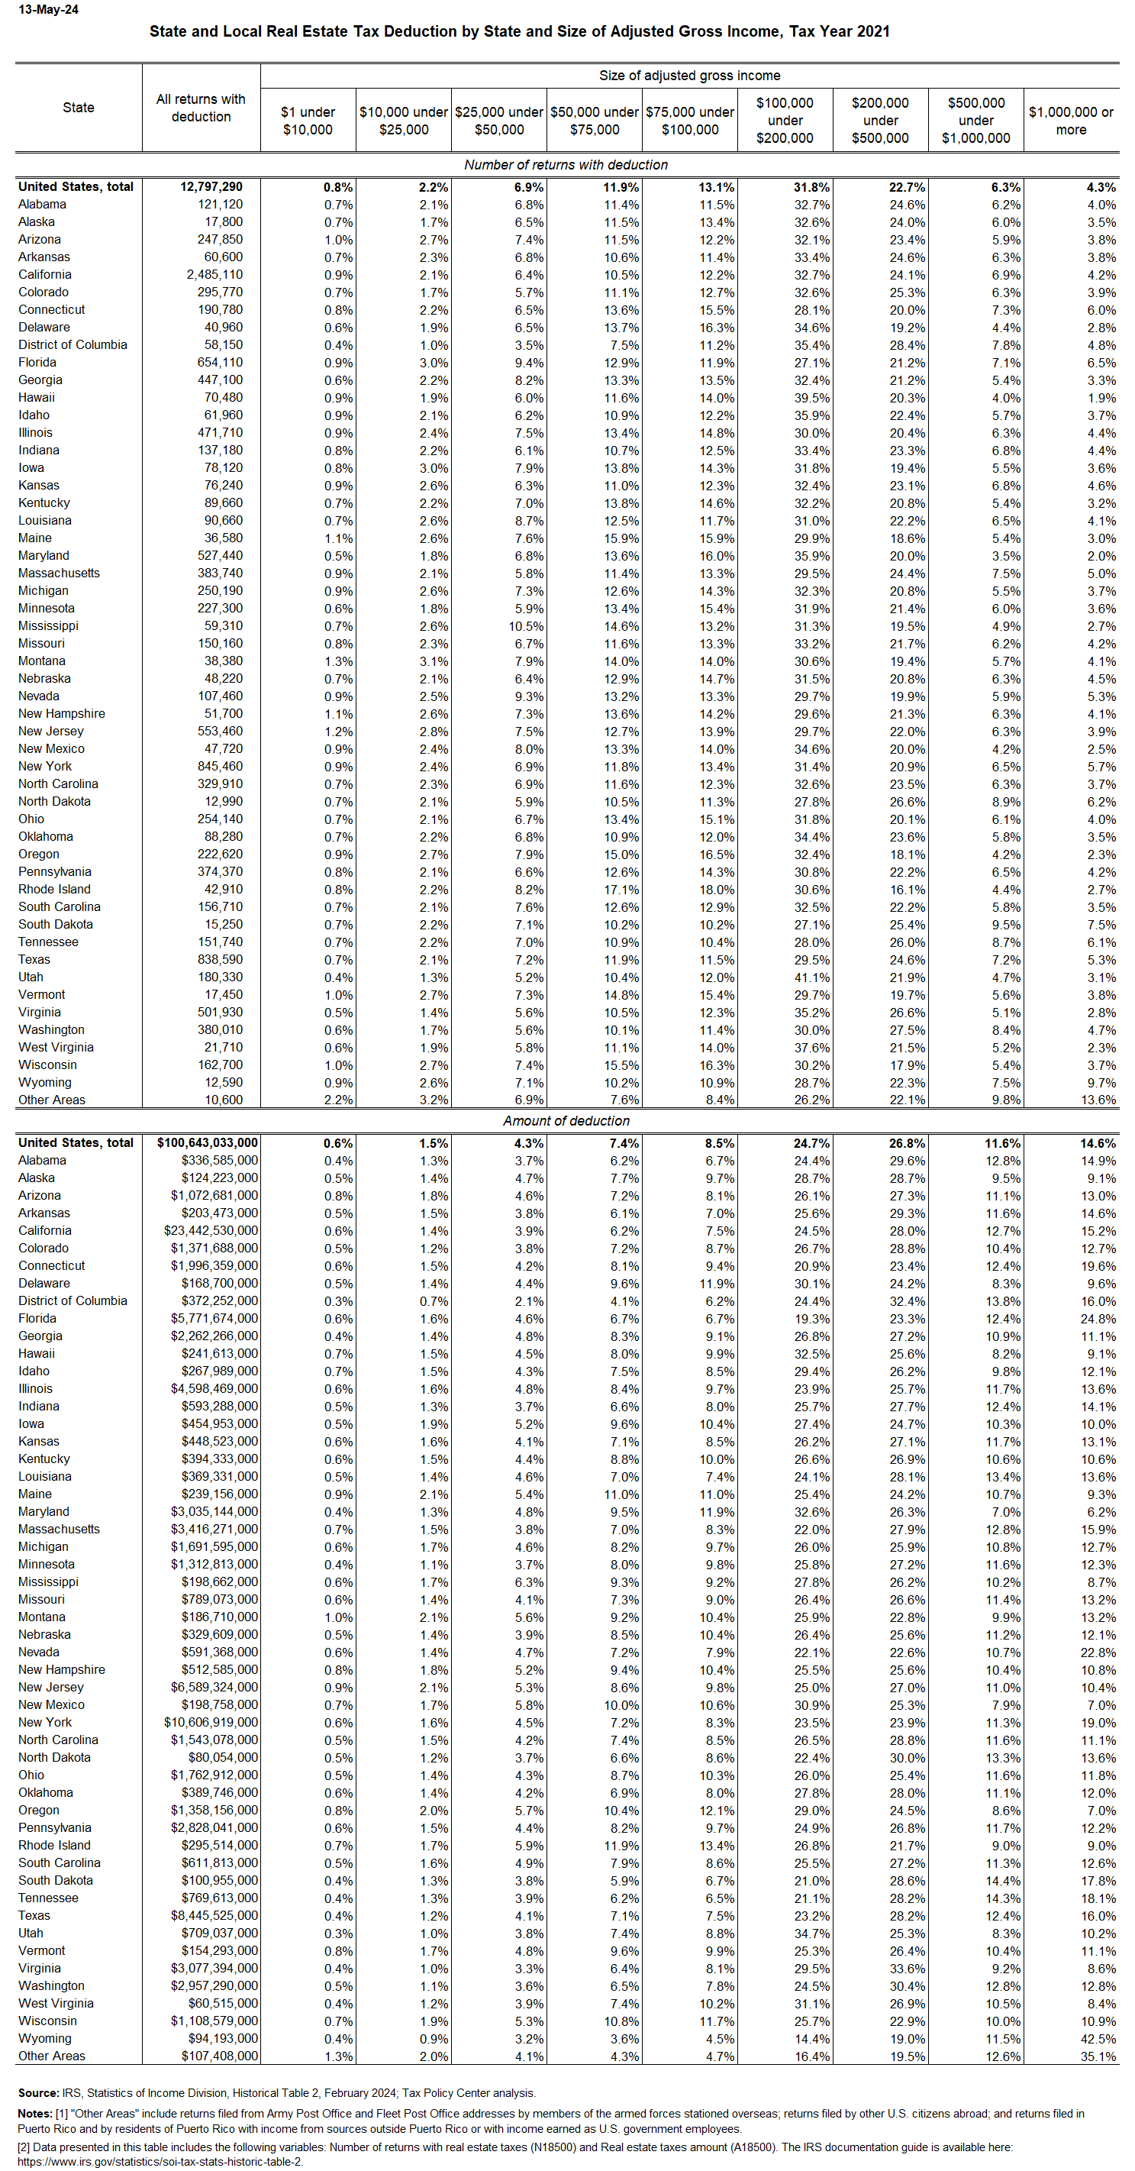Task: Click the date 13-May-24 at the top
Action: [x=48, y=10]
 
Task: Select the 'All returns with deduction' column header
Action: [x=201, y=108]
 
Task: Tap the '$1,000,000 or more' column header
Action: [x=1070, y=121]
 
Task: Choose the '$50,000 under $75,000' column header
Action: [x=594, y=121]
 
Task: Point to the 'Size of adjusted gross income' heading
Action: [x=688, y=76]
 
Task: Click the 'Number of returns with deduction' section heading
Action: [x=566, y=165]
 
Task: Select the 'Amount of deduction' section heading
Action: [x=566, y=1121]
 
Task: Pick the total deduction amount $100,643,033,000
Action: [x=208, y=1143]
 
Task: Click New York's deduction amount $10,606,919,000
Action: [x=211, y=1723]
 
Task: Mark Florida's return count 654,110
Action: [x=219, y=363]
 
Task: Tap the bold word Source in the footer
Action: [x=37, y=2093]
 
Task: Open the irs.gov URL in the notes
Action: [x=160, y=2162]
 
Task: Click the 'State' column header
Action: [x=79, y=108]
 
